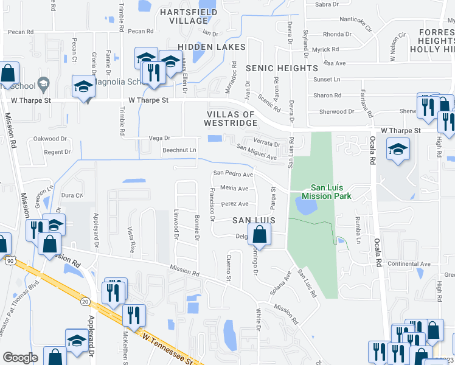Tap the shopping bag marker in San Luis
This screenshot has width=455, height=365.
259,235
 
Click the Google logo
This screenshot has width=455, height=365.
20,358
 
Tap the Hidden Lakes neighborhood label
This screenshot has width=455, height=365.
212,47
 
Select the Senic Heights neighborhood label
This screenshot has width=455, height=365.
282,68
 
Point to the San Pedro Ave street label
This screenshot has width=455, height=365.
232,174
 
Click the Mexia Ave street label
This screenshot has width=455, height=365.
234,188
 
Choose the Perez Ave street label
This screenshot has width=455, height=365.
235,204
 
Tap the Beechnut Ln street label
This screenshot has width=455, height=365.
179,150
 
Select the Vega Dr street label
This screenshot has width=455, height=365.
159,138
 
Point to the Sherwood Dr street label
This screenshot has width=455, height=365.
333,112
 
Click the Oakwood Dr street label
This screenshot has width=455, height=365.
50,139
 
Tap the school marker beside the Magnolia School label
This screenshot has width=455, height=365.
83,87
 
